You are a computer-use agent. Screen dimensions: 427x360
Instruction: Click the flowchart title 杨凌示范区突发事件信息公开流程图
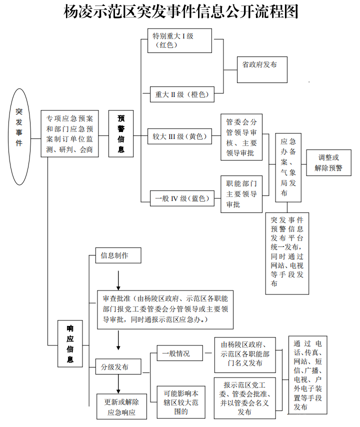pos(181,12)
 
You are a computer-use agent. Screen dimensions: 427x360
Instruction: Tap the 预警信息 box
pos(121,133)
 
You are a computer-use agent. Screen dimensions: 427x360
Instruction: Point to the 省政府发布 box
pos(262,69)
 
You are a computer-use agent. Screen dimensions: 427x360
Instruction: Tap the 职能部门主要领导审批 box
pos(241,194)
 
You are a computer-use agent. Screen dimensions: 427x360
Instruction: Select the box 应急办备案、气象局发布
pos(288,167)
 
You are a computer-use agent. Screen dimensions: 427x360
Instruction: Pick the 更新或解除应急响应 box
pos(121,406)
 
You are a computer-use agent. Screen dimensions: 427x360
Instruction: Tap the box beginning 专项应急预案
pos(69,134)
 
